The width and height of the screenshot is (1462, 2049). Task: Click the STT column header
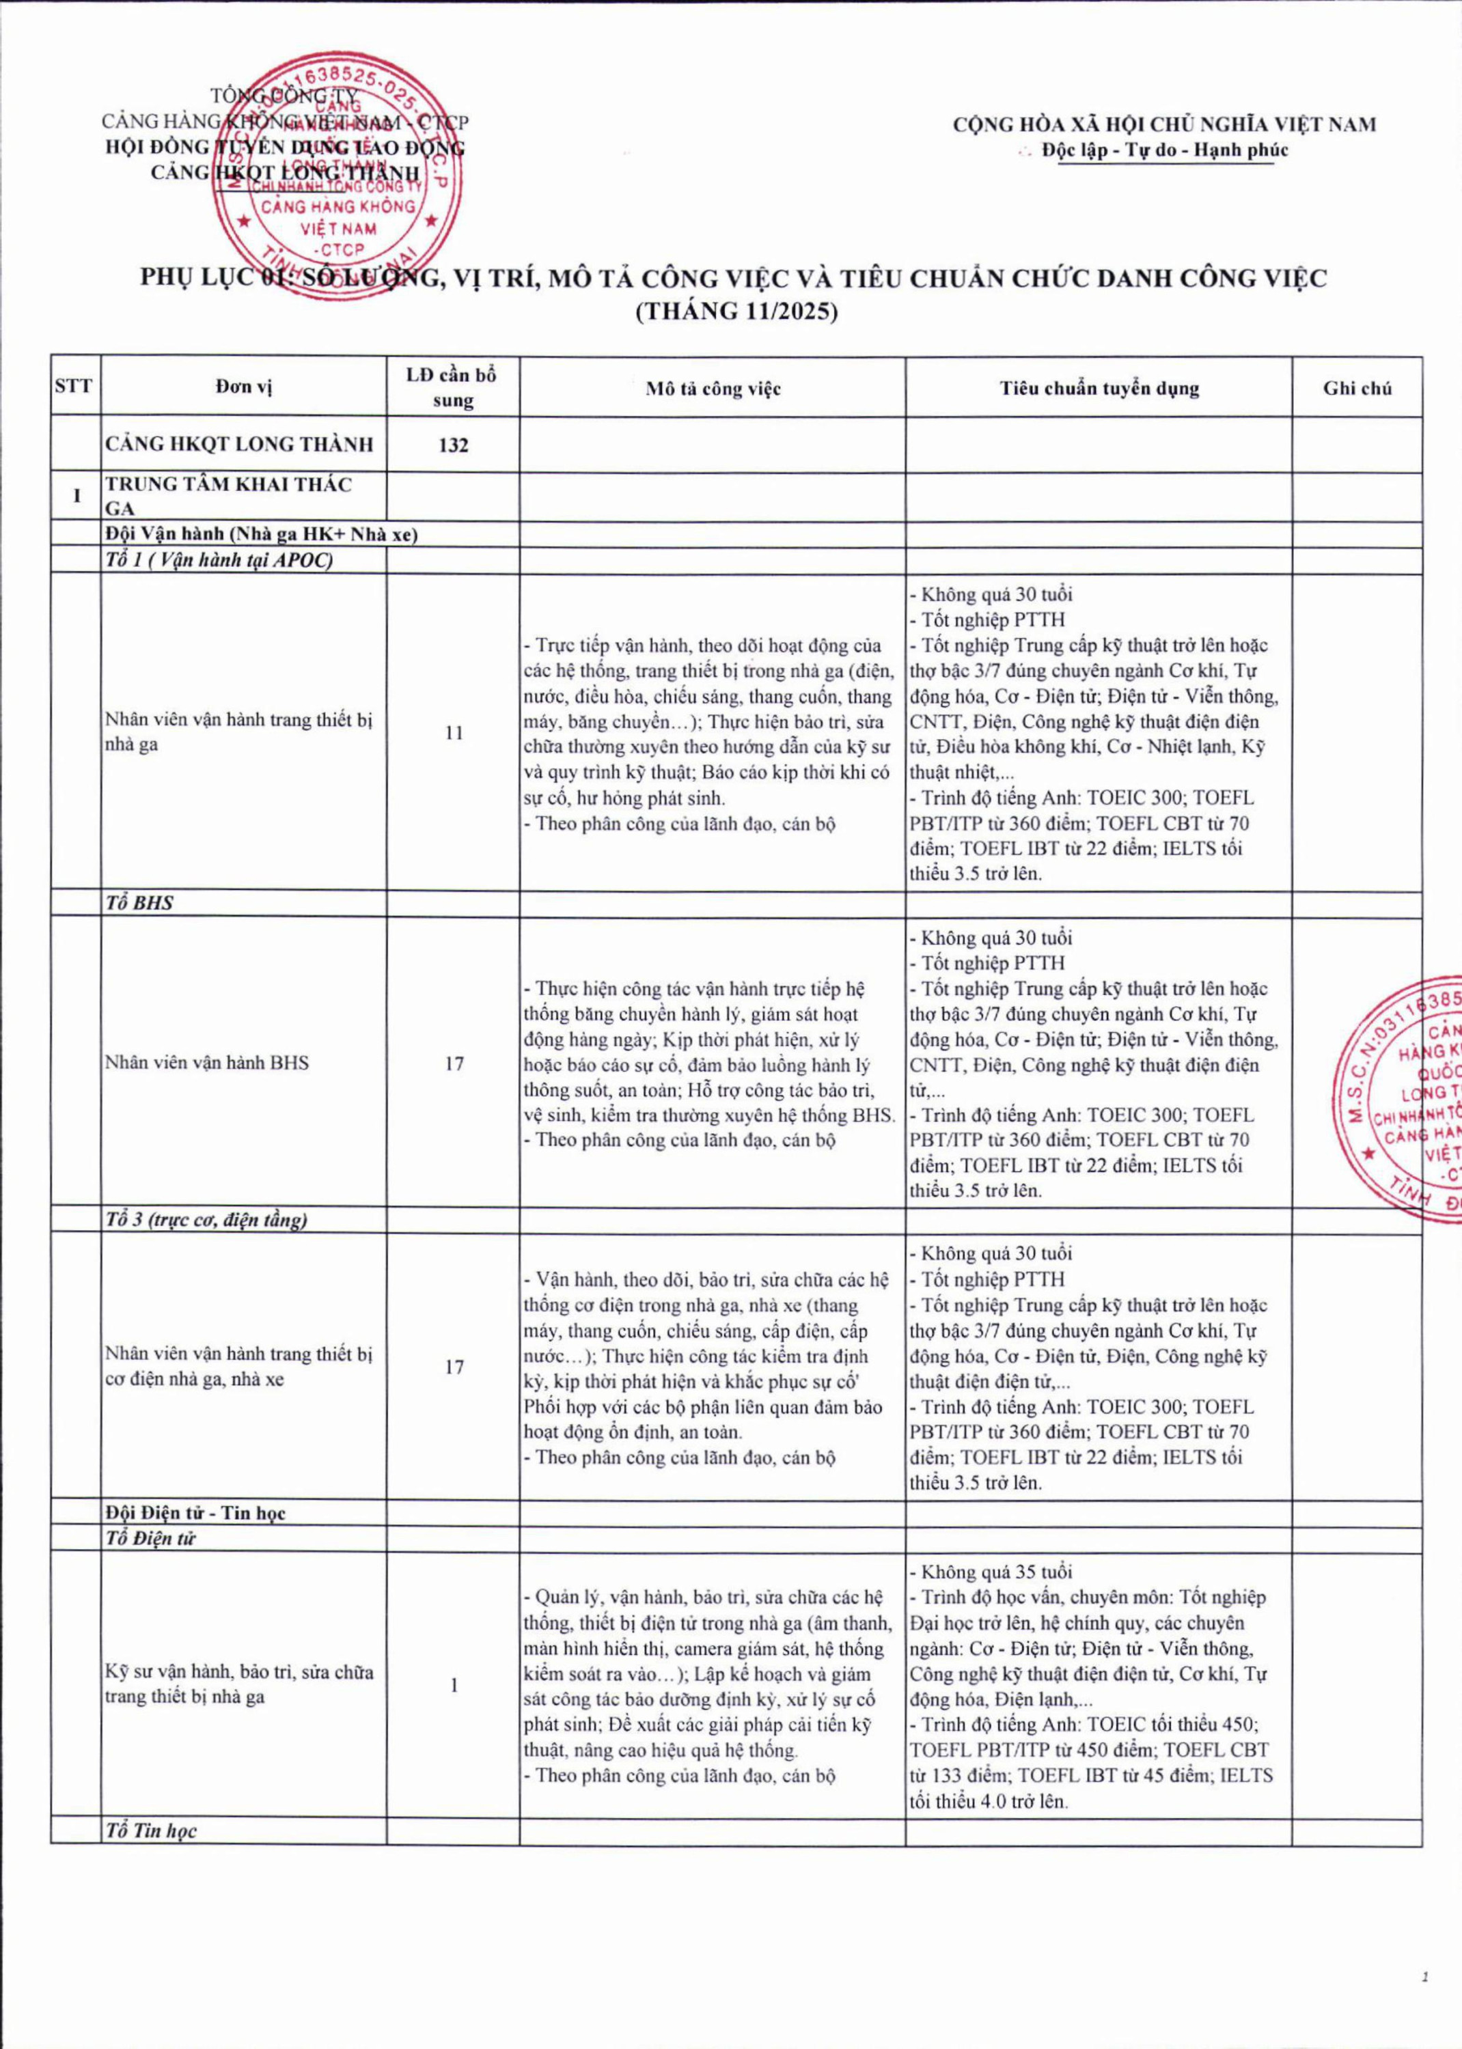(x=73, y=387)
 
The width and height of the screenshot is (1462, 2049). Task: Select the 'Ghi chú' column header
(x=1357, y=388)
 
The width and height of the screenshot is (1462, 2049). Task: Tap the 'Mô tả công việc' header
(x=712, y=389)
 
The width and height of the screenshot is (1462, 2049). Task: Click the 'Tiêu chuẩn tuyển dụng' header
(x=1099, y=388)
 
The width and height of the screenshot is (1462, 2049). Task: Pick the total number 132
(x=453, y=445)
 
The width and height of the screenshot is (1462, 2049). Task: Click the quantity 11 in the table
(x=453, y=732)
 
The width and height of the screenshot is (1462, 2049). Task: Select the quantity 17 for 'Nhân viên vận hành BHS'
(x=454, y=1063)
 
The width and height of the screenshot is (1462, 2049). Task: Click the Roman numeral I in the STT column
(x=76, y=496)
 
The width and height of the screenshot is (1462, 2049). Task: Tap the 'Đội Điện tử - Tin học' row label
(x=195, y=1513)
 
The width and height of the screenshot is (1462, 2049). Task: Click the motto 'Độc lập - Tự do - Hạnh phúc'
(x=1165, y=150)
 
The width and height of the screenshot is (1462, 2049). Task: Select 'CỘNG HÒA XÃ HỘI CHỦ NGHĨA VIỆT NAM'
(x=1165, y=124)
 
